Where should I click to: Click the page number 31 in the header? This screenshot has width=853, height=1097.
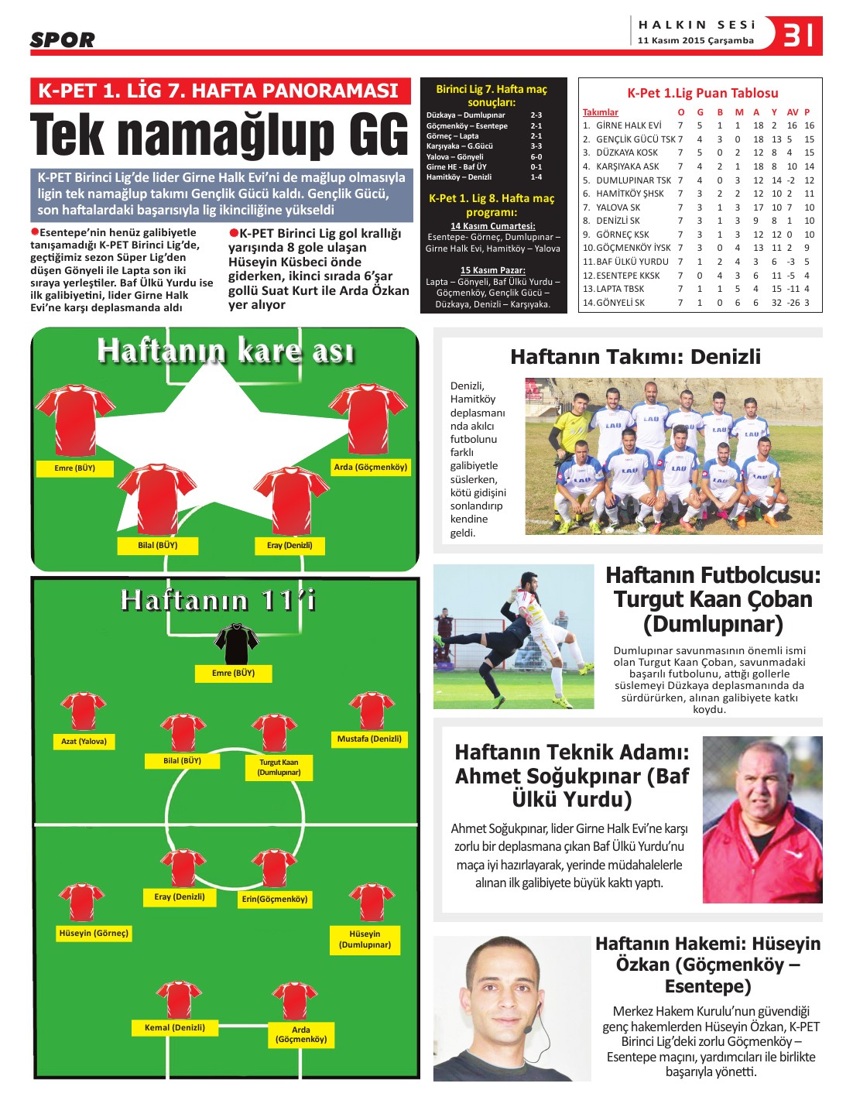pos(797,35)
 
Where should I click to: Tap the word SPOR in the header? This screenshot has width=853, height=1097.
pos(63,39)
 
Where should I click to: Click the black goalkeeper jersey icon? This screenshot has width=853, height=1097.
pos(236,642)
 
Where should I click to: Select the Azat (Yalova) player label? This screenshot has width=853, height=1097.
pos(84,742)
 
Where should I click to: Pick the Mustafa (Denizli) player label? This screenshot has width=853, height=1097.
pos(369,739)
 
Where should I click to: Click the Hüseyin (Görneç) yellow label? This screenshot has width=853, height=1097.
pos(94,934)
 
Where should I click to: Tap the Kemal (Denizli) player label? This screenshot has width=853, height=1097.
pos(175,1027)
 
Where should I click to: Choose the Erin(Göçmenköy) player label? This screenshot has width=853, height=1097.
pos(275,899)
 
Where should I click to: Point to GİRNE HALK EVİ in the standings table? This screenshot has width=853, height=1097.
pos(628,125)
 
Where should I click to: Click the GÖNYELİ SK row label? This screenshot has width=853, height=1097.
pos(620,303)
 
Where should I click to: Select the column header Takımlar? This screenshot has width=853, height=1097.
pos(601,112)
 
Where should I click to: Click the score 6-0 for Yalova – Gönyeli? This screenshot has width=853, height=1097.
pos(536,156)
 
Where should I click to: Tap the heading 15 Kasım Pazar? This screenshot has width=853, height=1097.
pos(493,270)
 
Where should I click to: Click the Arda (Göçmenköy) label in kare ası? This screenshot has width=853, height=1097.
pos(370,468)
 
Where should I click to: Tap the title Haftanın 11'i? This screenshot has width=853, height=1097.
pos(218,601)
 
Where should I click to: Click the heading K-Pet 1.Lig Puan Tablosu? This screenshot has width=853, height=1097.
pos(702,93)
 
